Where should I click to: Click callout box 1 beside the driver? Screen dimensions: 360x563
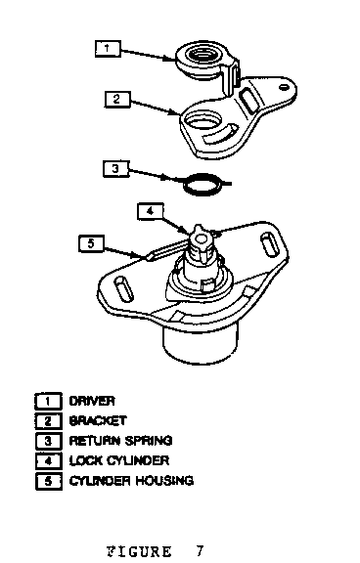pos(108,49)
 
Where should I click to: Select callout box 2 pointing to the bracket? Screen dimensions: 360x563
pos(117,99)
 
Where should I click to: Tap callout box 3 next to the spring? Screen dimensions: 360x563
pos(115,169)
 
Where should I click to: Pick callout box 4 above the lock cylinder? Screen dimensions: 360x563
pos(151,211)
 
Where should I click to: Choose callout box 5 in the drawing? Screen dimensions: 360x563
pos(91,243)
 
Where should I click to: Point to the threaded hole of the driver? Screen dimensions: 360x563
pos(202,55)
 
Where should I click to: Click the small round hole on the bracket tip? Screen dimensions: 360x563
pos(285,87)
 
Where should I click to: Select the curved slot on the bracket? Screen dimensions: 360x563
pos(220,135)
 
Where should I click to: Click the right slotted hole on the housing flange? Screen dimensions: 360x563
pos(269,243)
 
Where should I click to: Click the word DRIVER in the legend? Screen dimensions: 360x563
pos(92,401)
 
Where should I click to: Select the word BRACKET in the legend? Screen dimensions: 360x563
pos(98,420)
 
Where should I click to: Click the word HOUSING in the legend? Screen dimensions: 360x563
pos(164,481)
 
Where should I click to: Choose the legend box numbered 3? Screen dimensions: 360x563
pos(49,441)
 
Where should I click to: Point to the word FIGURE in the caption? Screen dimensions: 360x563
pos(139,551)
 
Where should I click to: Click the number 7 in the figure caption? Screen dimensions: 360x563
pos(200,551)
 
